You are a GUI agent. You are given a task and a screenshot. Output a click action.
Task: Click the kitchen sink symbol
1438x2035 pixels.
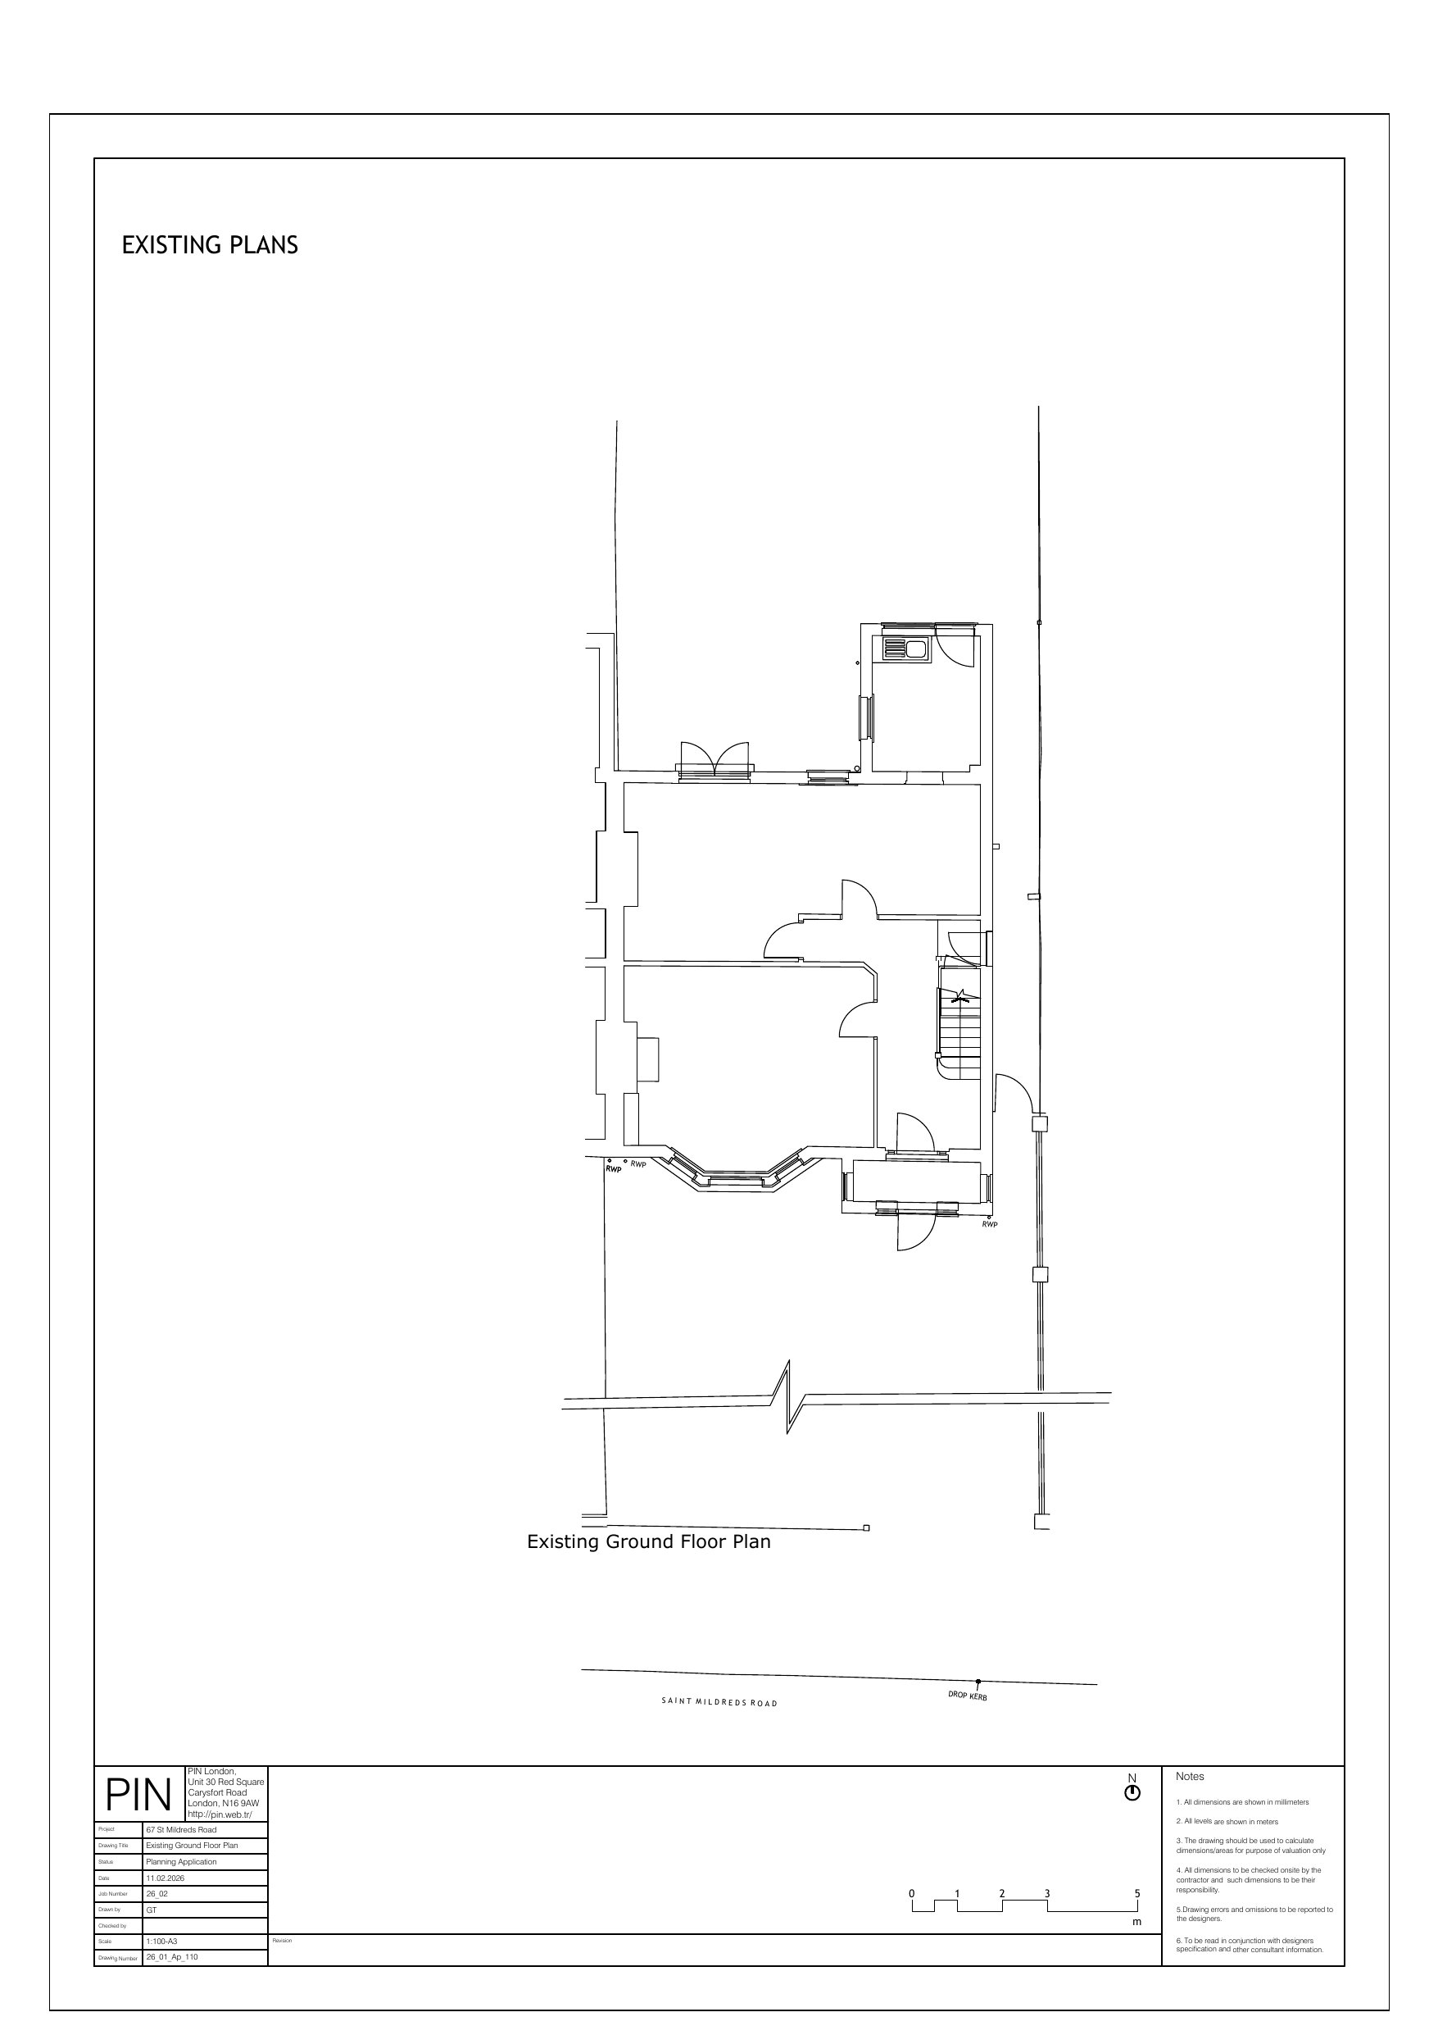(x=905, y=649)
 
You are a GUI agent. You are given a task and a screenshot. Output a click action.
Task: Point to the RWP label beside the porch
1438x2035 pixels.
(x=990, y=1224)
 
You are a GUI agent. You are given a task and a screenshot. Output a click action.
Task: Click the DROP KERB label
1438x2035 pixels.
(x=967, y=1696)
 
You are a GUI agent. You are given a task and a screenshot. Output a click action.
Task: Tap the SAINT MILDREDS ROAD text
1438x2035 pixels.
(x=719, y=1703)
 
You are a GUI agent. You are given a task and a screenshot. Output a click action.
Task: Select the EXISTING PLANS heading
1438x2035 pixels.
(x=210, y=245)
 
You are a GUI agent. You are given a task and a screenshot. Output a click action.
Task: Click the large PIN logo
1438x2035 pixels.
(x=138, y=1795)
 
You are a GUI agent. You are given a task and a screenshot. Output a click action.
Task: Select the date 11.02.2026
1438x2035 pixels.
(x=166, y=1878)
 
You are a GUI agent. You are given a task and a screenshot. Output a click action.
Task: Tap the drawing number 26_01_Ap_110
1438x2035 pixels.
(x=172, y=1956)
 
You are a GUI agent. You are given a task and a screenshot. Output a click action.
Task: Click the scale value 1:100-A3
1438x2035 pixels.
(x=162, y=1940)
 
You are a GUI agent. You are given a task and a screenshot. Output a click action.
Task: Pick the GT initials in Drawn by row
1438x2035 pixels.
(x=152, y=1909)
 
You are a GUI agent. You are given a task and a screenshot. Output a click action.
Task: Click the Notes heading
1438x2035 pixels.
(x=1190, y=1776)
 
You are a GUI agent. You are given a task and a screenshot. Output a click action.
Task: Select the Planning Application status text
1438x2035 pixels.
(x=182, y=1861)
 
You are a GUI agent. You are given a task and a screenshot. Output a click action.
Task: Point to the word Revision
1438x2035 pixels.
(x=282, y=1940)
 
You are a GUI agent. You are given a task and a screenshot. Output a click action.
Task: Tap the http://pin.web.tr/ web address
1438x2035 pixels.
(x=220, y=1814)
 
